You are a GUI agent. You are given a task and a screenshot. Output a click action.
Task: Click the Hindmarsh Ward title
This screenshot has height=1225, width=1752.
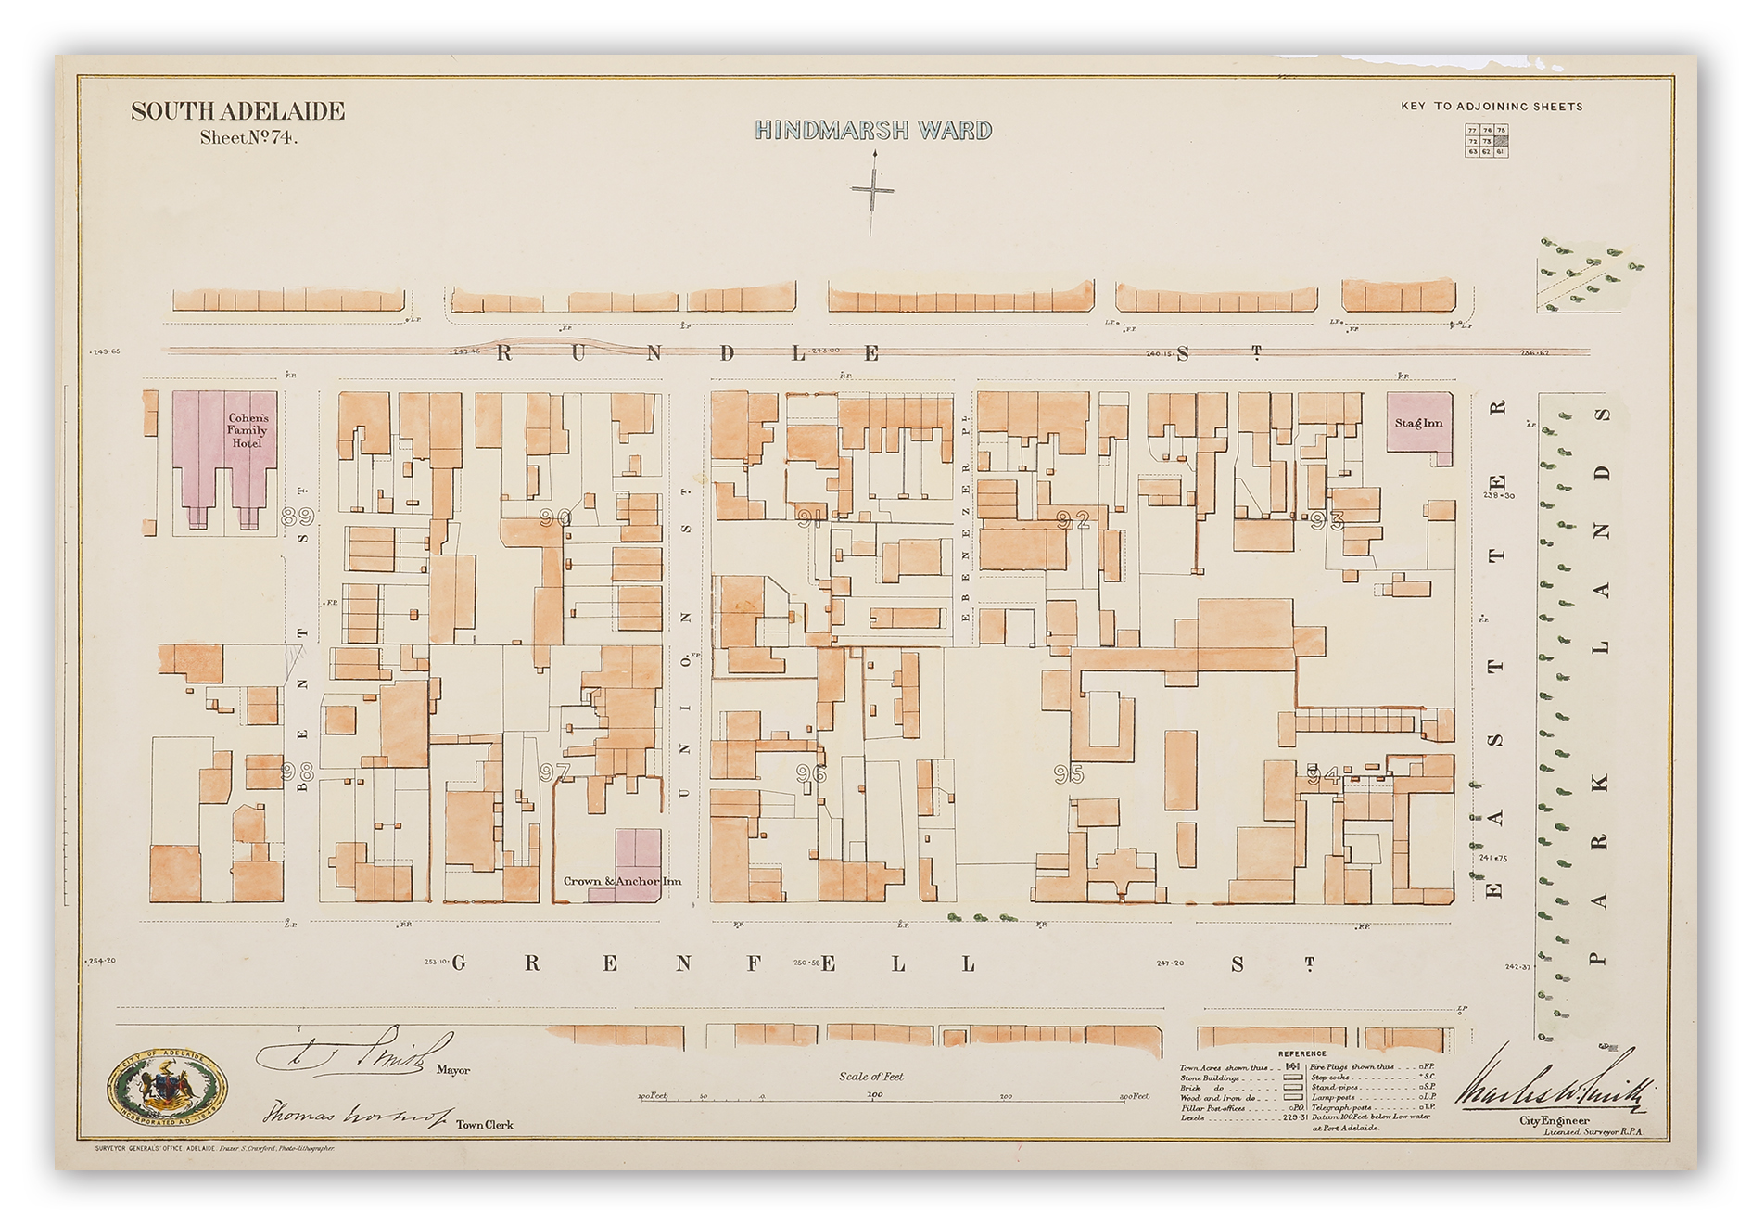[x=873, y=131]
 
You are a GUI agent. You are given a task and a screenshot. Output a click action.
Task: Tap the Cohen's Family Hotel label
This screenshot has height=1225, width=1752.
[x=247, y=430]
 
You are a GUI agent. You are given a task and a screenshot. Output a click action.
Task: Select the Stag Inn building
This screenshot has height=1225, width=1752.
[x=1419, y=424]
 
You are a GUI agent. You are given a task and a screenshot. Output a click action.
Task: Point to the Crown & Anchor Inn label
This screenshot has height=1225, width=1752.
[x=622, y=881]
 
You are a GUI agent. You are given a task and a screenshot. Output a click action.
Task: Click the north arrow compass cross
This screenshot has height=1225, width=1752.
[x=872, y=191]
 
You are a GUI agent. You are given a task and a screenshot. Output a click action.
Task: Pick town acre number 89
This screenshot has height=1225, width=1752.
[x=298, y=516]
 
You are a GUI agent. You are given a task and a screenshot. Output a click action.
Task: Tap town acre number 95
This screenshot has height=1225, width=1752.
[x=1068, y=773]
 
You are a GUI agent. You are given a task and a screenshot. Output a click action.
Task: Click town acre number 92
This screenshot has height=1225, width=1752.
[x=1073, y=520]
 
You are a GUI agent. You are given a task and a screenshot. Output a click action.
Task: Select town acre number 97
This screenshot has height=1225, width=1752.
[x=554, y=772]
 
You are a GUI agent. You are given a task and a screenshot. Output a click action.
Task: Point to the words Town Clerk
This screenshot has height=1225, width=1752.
[x=484, y=1125]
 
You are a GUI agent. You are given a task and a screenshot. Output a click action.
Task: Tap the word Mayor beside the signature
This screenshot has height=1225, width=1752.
[x=453, y=1070]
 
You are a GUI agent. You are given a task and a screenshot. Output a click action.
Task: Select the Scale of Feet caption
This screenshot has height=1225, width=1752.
[x=870, y=1077]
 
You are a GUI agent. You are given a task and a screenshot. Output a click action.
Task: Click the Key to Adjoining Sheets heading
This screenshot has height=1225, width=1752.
[x=1492, y=107]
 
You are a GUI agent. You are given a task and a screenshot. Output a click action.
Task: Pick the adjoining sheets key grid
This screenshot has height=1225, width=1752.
[x=1486, y=140]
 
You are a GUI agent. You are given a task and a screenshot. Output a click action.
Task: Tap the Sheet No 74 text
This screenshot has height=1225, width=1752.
[x=248, y=138]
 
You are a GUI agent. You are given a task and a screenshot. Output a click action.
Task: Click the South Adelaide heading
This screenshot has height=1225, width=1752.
[x=237, y=112]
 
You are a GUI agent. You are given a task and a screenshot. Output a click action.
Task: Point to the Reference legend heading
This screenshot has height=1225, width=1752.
[x=1301, y=1053]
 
